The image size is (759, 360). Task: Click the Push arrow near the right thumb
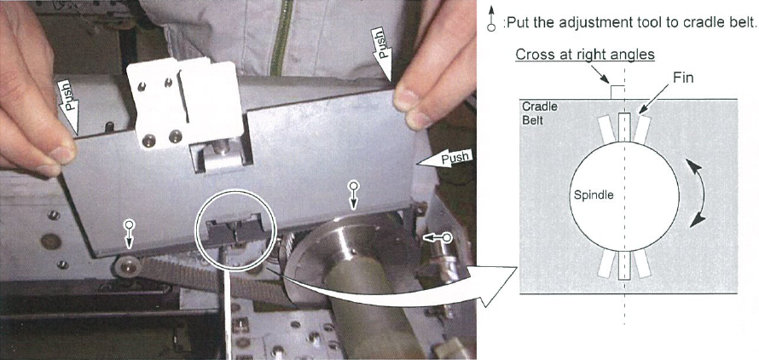pos(381,53)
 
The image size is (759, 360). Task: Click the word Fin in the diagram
pos(682,77)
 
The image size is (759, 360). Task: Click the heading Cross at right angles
pos(585,55)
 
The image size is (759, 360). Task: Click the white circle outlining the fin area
pos(235,190)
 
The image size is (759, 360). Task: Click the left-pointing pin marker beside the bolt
pos(437,237)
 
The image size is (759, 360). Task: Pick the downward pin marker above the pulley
pos(354,195)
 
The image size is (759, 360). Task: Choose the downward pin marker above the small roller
pos(129,233)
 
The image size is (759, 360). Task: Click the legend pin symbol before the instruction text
pos(491,19)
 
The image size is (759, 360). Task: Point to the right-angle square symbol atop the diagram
pos(617,92)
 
